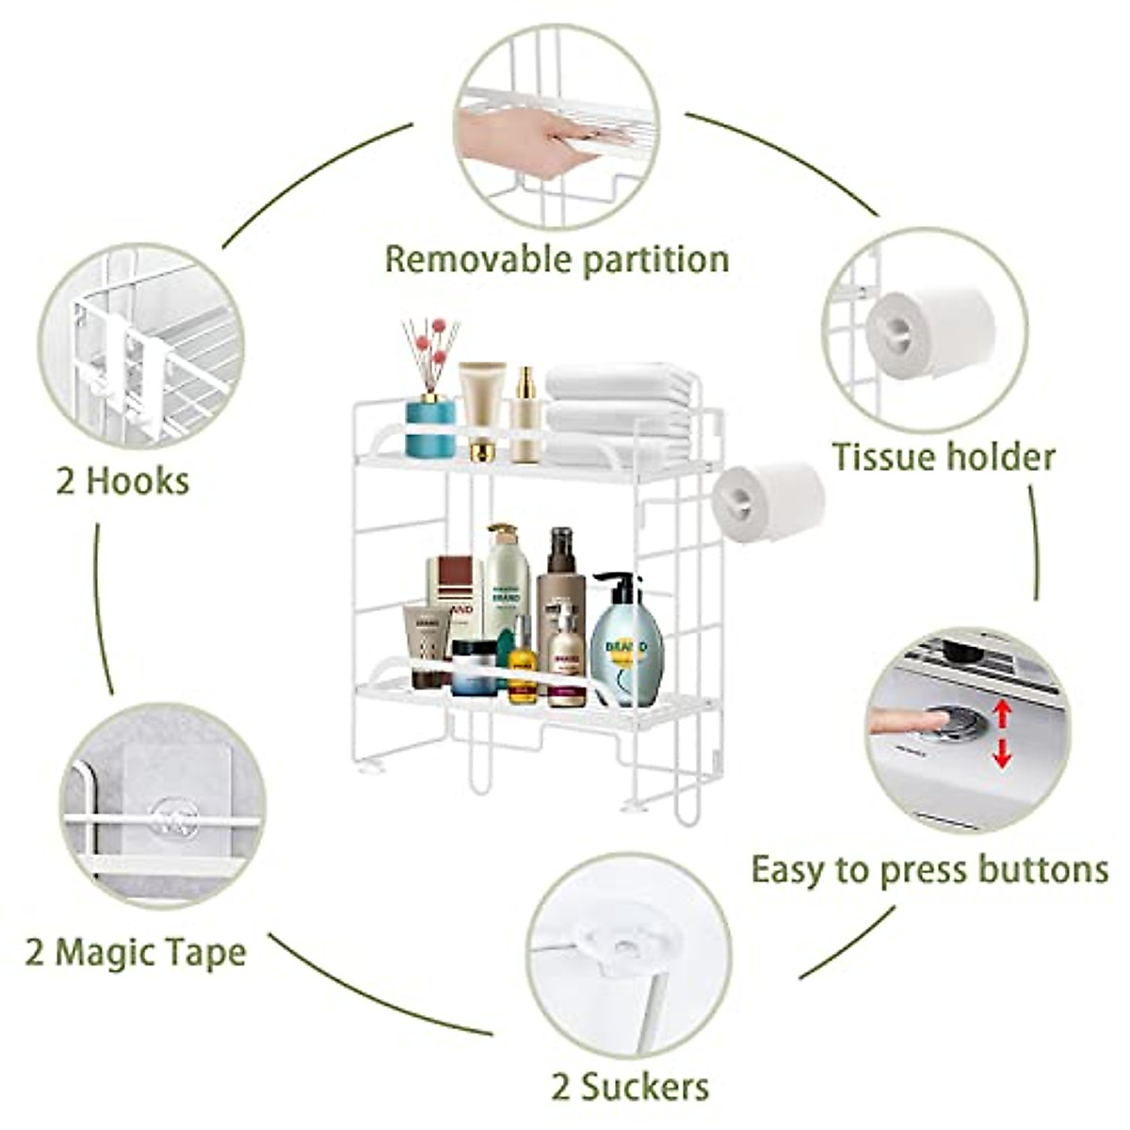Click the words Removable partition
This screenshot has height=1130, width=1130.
point(557,258)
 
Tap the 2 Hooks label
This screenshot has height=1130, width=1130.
point(122,481)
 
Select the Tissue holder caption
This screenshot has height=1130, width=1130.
point(943,458)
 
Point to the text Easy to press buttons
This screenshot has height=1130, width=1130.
point(929,869)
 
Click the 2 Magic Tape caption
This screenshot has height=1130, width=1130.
point(136,952)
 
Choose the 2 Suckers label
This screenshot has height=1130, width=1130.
point(629,1087)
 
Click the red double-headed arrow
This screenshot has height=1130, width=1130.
point(1002,734)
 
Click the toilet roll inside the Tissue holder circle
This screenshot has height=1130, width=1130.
point(929,331)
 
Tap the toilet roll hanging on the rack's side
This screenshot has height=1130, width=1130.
point(767,500)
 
